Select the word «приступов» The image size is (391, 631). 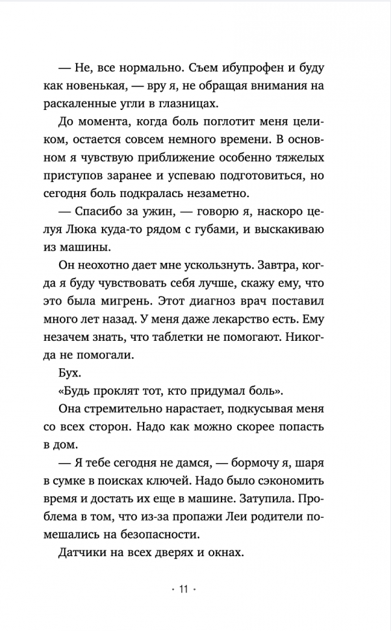[89, 176]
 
